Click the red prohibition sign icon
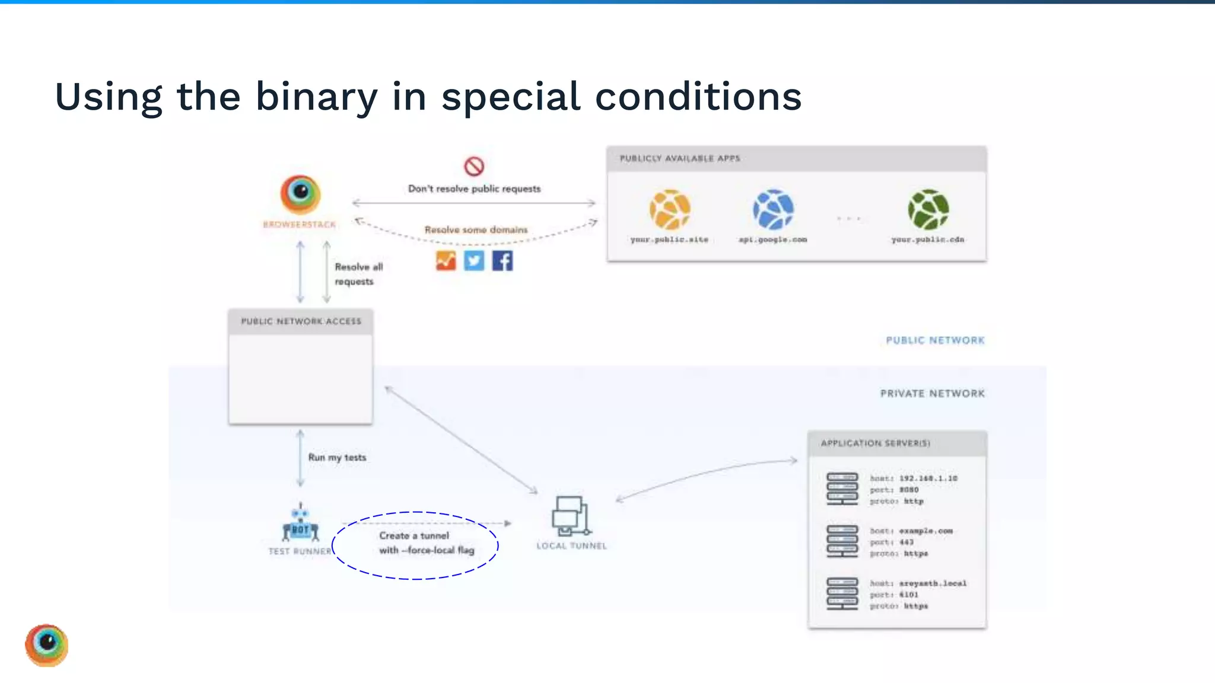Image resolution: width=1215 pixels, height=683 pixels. (474, 167)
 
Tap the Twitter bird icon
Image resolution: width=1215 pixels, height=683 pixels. (474, 261)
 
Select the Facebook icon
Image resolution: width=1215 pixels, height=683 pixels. (502, 261)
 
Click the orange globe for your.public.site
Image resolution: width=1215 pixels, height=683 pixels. (670, 209)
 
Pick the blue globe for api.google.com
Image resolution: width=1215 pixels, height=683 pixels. (773, 209)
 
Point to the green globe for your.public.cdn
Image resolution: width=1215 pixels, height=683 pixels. (928, 209)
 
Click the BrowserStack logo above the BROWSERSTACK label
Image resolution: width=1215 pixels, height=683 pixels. (300, 194)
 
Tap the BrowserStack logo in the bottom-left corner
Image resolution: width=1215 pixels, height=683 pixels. (47, 645)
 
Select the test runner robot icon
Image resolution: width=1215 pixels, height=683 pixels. (300, 523)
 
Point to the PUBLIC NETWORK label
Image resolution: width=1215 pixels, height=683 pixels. (935, 340)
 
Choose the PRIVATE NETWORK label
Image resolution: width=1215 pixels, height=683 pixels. (932, 394)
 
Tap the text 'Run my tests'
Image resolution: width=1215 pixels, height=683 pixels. (337, 458)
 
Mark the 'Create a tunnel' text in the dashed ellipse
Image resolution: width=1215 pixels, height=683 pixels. (414, 535)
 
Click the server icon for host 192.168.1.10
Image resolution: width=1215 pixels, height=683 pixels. (842, 489)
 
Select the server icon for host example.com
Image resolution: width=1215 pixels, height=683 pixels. (842, 541)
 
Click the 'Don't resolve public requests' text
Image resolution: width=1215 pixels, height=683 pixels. (475, 189)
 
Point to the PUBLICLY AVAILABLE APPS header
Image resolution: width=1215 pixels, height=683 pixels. (680, 158)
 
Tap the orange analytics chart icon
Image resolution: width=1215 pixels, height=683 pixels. (446, 261)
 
